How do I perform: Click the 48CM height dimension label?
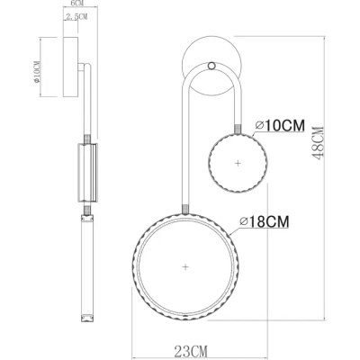tap(318, 143)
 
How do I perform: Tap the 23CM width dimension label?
tap(191, 349)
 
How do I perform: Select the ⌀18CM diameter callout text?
tap(265, 222)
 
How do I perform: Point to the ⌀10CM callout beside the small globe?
tap(280, 125)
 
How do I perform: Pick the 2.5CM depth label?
tap(76, 17)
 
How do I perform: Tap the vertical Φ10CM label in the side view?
tap(36, 72)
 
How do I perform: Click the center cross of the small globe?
tap(238, 163)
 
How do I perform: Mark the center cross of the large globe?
tap(185, 266)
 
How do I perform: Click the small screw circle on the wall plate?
tap(211, 66)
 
